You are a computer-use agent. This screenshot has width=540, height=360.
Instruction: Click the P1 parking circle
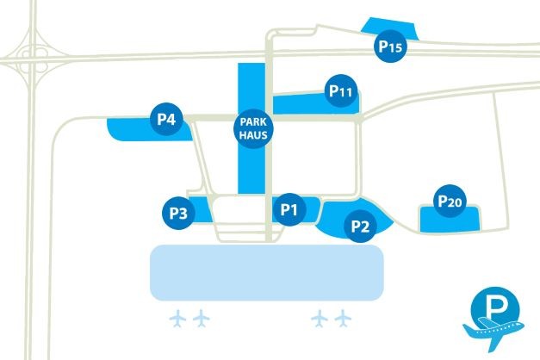(x=289, y=208)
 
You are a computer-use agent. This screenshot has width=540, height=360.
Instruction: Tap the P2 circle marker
(x=361, y=227)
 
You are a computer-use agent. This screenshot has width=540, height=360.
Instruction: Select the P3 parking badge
(x=178, y=213)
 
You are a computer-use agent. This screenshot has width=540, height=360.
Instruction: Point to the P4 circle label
(x=167, y=120)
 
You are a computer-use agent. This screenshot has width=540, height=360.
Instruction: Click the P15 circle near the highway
(x=390, y=47)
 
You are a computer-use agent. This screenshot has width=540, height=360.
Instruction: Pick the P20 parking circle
(x=450, y=201)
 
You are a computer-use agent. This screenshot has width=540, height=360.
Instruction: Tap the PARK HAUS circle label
(x=251, y=130)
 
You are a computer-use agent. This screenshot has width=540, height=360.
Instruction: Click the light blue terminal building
(x=267, y=272)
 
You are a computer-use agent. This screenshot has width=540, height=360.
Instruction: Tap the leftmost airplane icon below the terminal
(x=179, y=318)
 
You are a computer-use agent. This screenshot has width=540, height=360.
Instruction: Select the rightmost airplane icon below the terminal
(x=344, y=318)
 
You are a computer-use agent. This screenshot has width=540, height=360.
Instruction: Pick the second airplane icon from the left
(x=202, y=318)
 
